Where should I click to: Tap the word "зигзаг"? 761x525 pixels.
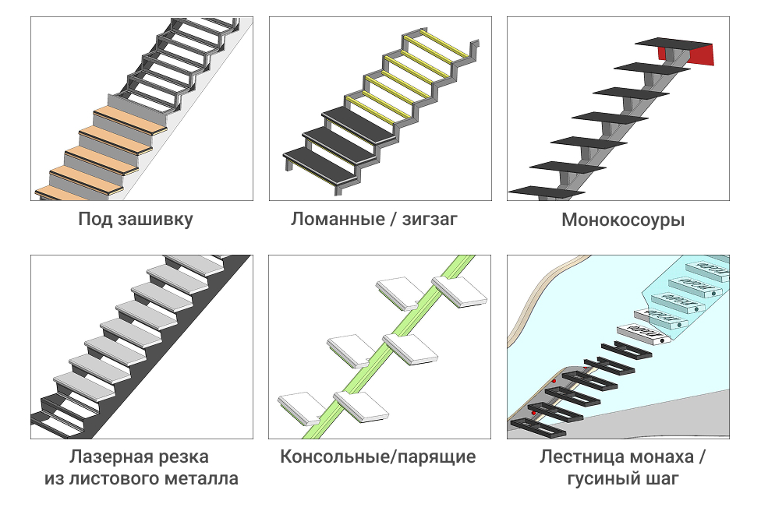pyautogui.click(x=430, y=219)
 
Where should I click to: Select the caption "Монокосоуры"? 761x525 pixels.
pyautogui.click(x=623, y=220)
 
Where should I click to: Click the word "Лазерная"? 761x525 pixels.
pyautogui.click(x=104, y=456)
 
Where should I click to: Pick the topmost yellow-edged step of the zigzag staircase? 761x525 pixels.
pyautogui.click(x=440, y=41)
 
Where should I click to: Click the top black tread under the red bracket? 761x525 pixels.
pyautogui.click(x=671, y=42)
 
